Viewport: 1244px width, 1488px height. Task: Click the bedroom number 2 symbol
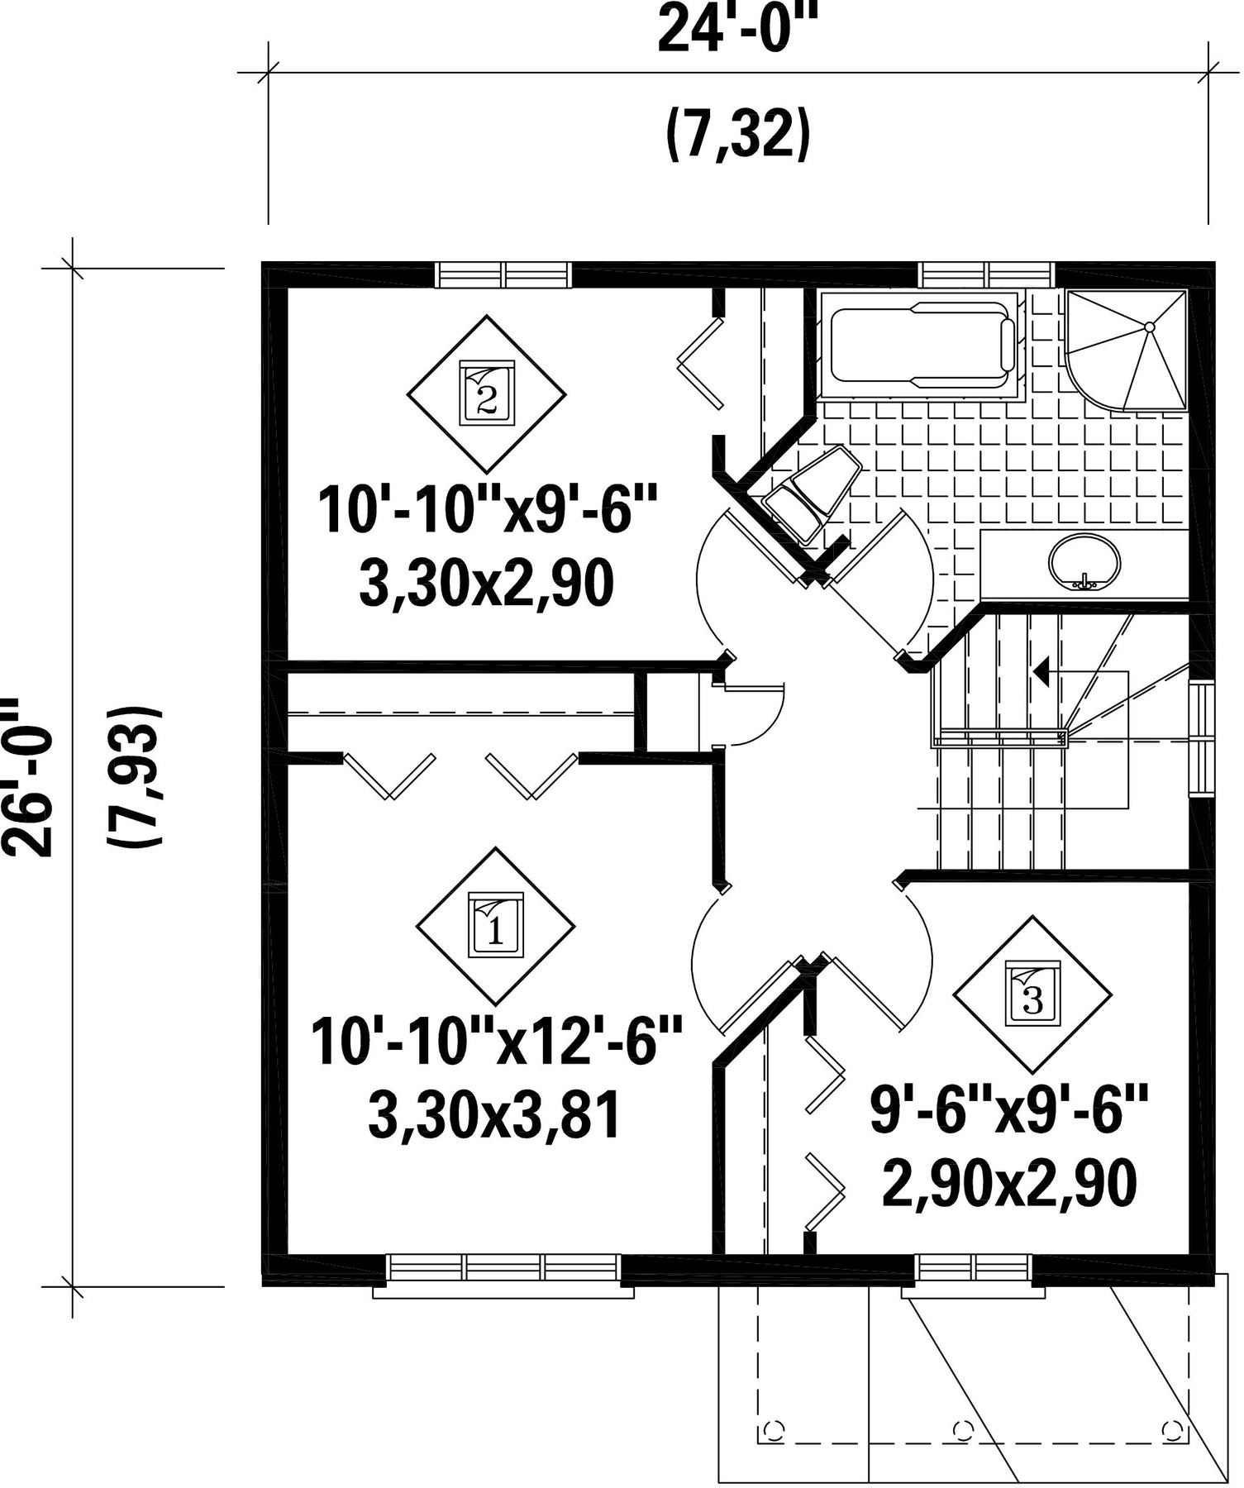487,393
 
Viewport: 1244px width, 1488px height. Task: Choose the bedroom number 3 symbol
1032,992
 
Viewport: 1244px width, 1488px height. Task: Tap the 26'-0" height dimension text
30,776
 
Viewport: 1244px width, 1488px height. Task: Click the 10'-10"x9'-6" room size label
488,509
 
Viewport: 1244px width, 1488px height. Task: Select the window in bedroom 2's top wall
503,274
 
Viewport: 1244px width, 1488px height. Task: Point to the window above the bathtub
988,274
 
